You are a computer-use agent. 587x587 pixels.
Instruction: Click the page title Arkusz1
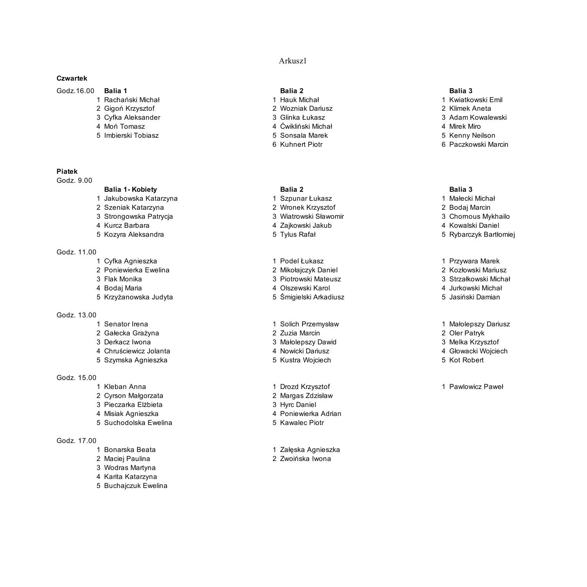point(292,61)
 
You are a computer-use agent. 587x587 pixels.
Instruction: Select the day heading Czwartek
point(72,78)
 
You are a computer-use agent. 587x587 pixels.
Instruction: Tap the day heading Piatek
point(67,171)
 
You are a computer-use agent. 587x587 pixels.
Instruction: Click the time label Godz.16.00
point(75,91)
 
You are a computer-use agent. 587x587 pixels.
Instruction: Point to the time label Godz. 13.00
point(76,315)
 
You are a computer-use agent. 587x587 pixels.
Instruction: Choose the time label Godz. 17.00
point(76,441)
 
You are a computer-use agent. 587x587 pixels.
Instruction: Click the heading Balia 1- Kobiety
point(130,189)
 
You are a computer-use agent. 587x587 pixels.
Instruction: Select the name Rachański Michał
point(132,100)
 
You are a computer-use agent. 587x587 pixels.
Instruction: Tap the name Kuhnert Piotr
point(301,144)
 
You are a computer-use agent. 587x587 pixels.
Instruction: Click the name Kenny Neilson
point(472,135)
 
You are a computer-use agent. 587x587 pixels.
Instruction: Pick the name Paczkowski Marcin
point(479,144)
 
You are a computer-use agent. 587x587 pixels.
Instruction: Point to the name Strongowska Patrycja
point(139,216)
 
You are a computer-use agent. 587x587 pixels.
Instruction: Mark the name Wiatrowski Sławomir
point(312,216)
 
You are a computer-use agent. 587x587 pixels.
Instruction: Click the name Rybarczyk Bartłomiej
point(482,234)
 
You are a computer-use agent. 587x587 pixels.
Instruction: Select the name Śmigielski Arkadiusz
point(312,297)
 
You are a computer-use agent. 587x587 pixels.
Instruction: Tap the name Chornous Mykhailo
point(479,216)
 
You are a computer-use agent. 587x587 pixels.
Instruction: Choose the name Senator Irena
point(126,324)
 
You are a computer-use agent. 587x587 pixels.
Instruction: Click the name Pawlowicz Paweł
point(476,387)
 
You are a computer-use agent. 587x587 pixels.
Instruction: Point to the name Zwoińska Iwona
point(305,459)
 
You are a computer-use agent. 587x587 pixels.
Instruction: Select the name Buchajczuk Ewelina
point(136,486)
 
